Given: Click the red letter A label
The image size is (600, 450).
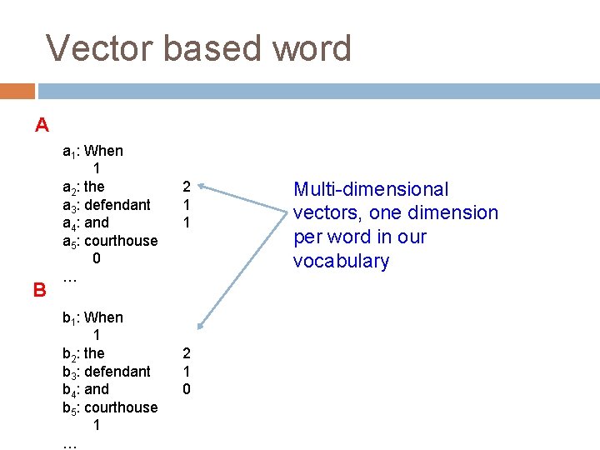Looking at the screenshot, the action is click(x=42, y=126).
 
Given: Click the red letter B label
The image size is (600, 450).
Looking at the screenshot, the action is click(x=39, y=290).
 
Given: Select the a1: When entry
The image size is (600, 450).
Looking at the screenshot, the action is click(x=92, y=151).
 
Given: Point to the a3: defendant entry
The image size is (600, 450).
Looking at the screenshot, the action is click(x=107, y=204).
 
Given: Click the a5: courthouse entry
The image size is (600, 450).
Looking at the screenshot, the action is click(x=110, y=241).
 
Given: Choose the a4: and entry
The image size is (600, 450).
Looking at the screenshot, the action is click(x=86, y=222).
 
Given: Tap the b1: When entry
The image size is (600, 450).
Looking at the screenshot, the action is click(x=92, y=317).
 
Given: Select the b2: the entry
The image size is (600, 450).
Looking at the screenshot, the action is click(x=83, y=353).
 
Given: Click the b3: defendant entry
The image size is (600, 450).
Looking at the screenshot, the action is click(x=107, y=371).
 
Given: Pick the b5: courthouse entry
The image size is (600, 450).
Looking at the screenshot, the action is click(x=110, y=407).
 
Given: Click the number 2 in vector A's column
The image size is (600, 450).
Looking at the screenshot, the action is click(x=187, y=187).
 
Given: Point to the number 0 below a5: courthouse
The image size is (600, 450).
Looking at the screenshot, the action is click(x=97, y=258).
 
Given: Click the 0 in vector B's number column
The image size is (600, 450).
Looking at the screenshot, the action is click(x=187, y=389).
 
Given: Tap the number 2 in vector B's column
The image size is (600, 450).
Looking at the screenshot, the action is click(x=187, y=353).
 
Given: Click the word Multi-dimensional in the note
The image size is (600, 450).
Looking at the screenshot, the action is click(x=371, y=190).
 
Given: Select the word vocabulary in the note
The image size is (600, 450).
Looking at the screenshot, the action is click(x=341, y=261).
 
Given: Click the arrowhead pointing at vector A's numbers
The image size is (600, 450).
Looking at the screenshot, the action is click(x=202, y=187).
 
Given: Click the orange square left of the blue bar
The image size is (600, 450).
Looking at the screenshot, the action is click(x=17, y=91).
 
